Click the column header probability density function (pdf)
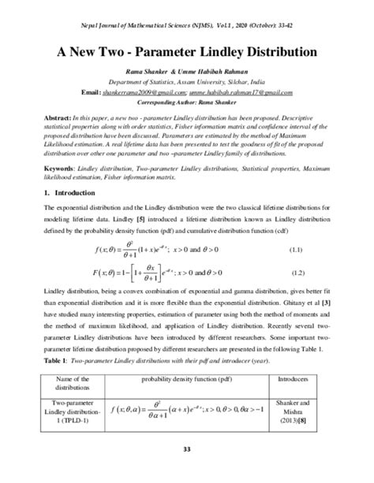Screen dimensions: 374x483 [187, 379]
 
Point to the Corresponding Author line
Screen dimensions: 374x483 [187, 102]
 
